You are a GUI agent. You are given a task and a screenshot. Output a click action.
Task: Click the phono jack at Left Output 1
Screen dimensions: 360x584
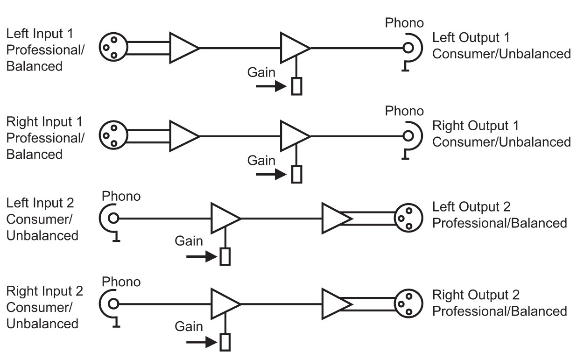409,48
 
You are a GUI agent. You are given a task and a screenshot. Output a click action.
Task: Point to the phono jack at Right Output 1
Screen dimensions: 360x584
409,136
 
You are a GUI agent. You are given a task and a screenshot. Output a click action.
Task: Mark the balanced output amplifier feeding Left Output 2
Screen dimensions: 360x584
335,218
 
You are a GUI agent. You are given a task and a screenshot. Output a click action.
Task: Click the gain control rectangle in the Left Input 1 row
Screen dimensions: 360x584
296,86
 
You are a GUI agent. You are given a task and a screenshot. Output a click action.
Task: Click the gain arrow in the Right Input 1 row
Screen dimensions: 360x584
271,175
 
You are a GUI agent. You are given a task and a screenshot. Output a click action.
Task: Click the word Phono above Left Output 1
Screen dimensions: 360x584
404,23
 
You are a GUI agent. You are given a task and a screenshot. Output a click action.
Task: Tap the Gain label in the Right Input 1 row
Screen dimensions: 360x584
261,160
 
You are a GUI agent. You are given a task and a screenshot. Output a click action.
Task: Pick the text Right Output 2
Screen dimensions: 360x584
476,295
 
